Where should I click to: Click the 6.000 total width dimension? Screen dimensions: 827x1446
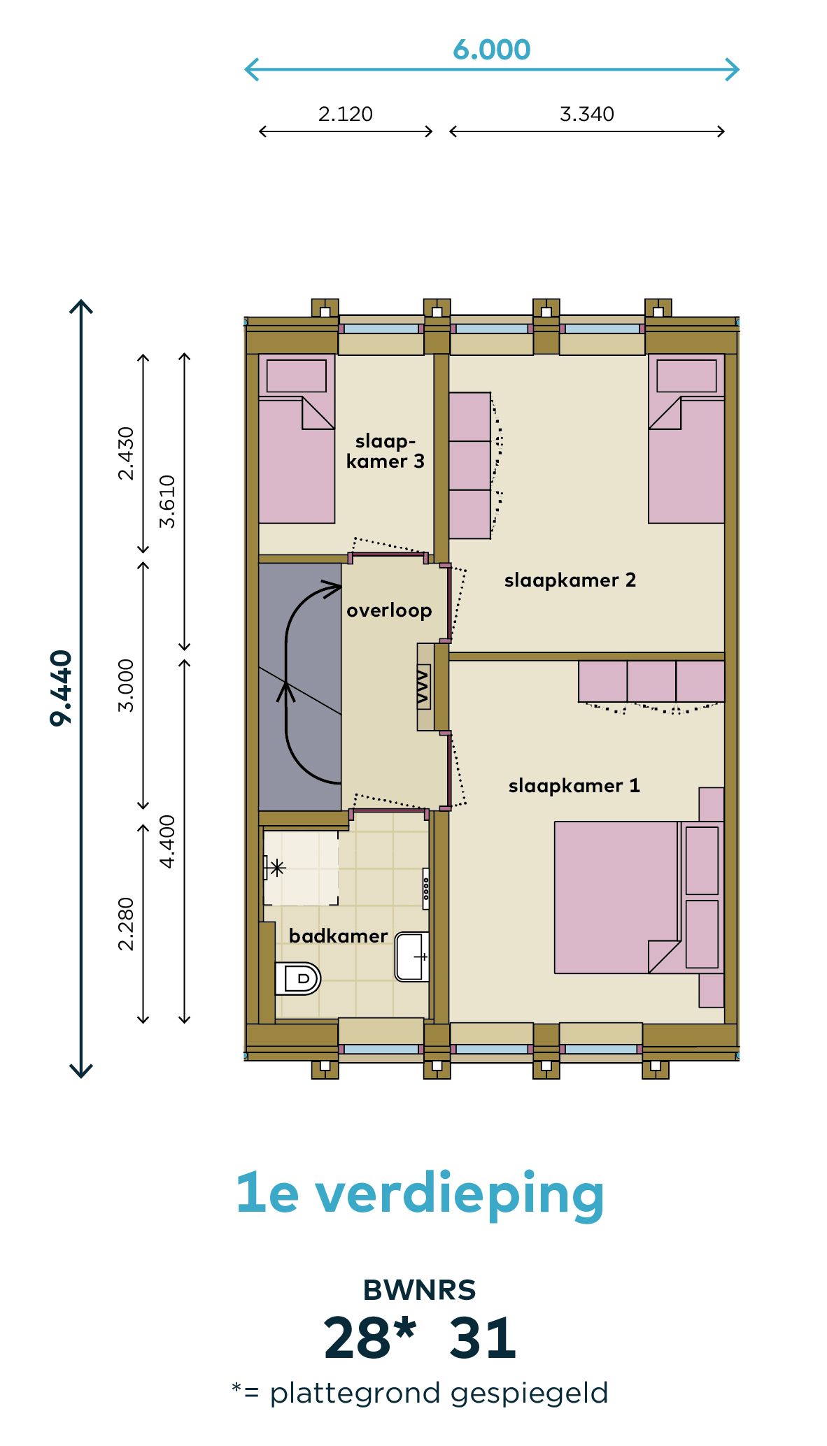tap(491, 50)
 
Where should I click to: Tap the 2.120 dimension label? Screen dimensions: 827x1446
tap(346, 114)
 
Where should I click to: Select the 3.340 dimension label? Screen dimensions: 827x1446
tap(587, 114)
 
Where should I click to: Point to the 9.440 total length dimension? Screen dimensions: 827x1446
tap(62, 688)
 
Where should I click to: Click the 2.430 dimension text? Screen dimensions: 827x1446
tap(126, 453)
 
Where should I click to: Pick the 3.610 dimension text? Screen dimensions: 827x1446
tap(167, 501)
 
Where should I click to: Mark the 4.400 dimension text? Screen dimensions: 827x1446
tap(167, 842)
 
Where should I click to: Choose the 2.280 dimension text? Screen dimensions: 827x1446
tap(126, 924)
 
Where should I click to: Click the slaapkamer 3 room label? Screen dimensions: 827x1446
tap(386, 451)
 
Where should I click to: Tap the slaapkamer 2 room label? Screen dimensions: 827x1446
tap(570, 580)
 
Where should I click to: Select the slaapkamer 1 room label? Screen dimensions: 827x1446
tap(574, 786)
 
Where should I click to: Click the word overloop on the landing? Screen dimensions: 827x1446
tap(389, 611)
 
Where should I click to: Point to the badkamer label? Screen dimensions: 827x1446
tap(338, 936)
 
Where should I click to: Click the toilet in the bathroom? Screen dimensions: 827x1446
tap(297, 978)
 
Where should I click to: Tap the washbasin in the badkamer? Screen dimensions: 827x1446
tap(412, 957)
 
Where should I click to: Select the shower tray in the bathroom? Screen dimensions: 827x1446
tap(301, 868)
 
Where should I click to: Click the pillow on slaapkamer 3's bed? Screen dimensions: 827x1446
tap(297, 376)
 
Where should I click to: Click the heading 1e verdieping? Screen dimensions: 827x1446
tap(420, 1196)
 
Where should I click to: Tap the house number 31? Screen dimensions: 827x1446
tap(483, 1339)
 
